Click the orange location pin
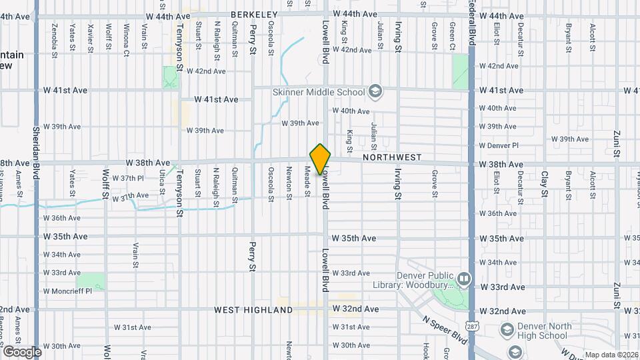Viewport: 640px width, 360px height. click(x=321, y=159)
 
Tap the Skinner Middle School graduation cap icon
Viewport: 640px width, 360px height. click(x=375, y=92)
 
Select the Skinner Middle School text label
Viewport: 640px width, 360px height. click(x=319, y=92)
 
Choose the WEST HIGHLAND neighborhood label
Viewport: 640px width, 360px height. click(x=253, y=310)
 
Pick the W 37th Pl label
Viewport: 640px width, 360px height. click(x=128, y=178)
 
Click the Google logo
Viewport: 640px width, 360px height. click(x=22, y=352)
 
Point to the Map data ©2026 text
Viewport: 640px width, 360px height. click(x=610, y=355)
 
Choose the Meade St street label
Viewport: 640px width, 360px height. click(x=307, y=181)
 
